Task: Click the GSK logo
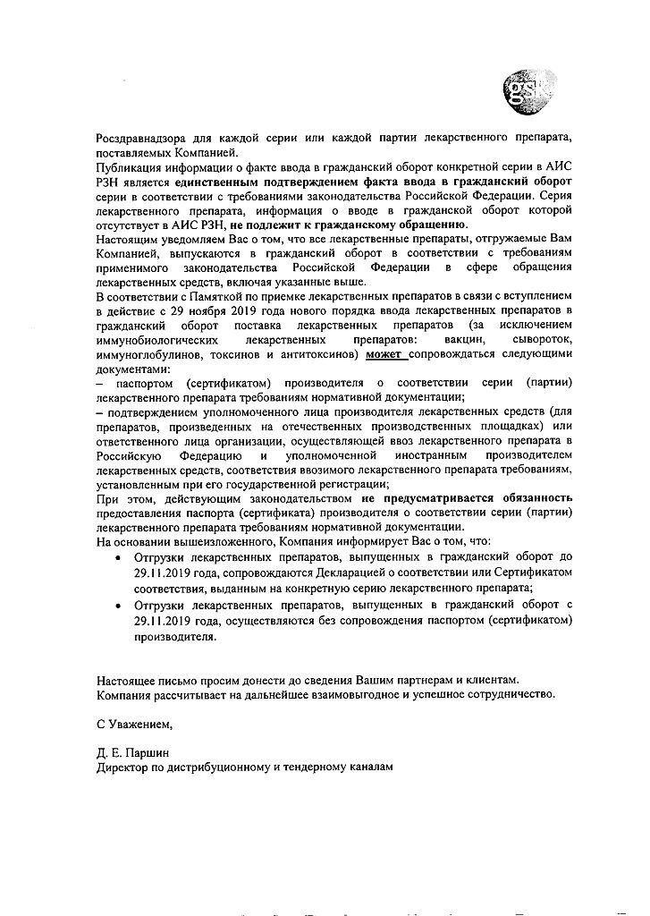click(x=528, y=91)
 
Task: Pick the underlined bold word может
click(x=384, y=354)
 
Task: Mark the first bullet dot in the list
click(x=121, y=556)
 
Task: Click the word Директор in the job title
click(x=125, y=767)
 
